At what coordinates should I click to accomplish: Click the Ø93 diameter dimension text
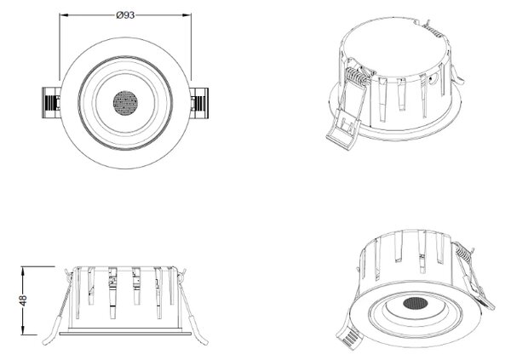point(125,15)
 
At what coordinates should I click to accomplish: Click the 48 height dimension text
point(23,300)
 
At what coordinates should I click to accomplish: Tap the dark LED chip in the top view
point(125,103)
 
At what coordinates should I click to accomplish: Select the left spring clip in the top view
point(51,103)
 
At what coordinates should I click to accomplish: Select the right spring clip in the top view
point(199,103)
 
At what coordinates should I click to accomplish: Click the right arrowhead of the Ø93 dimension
point(187,15)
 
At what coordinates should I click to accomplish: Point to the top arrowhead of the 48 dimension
point(23,271)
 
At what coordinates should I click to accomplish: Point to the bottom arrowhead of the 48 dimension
point(23,330)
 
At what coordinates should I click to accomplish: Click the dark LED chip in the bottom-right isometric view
point(416,303)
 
